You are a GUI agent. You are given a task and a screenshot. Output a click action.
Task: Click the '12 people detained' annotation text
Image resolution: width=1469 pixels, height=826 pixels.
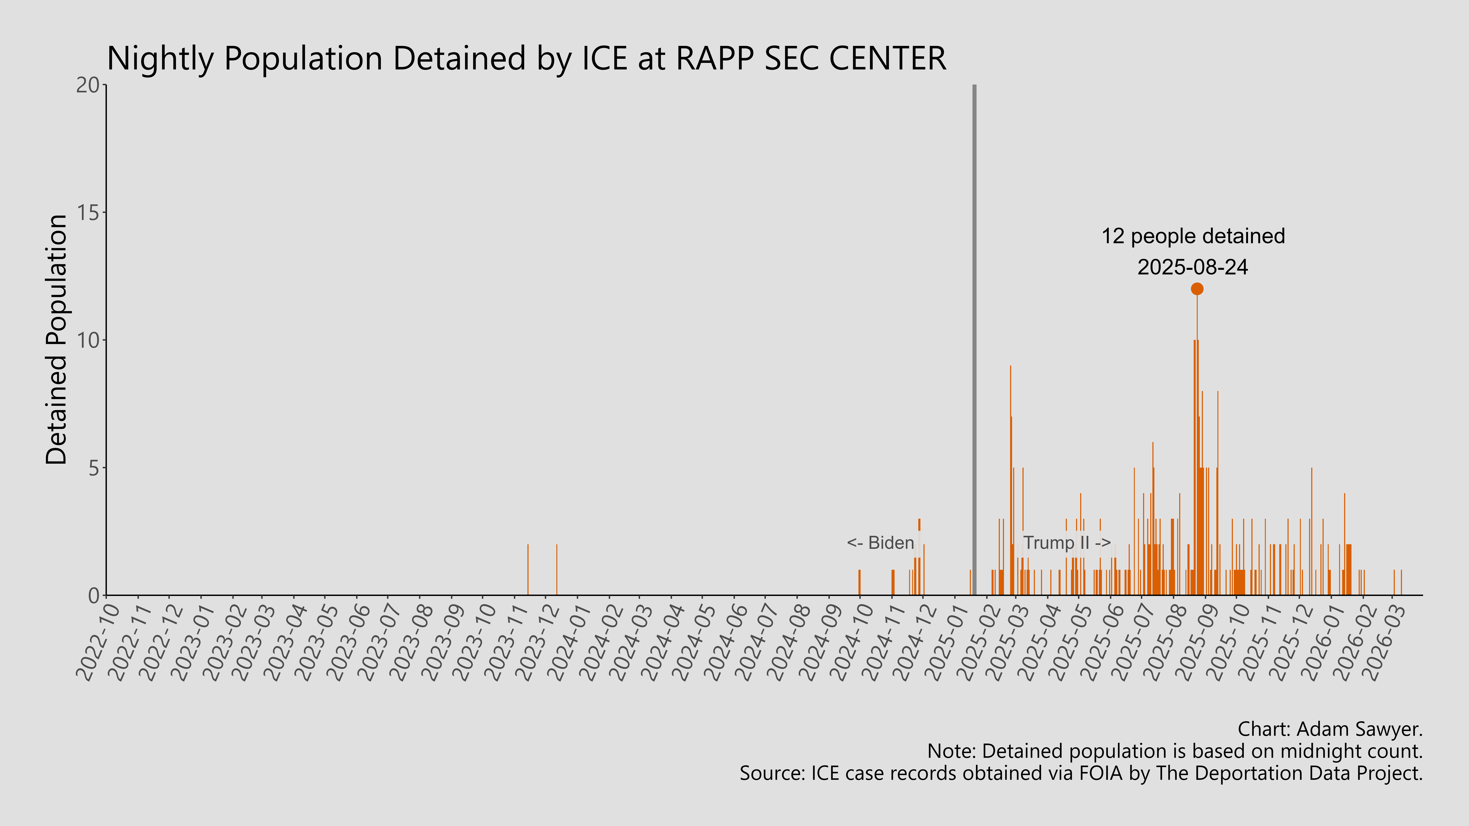click(x=1193, y=236)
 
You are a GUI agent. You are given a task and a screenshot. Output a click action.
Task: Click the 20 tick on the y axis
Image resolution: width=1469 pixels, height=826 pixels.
click(x=87, y=85)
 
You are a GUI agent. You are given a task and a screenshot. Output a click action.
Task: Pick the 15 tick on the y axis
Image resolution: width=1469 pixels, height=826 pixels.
click(x=87, y=213)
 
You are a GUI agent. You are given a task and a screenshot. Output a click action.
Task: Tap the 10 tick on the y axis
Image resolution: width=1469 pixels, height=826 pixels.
click(x=87, y=340)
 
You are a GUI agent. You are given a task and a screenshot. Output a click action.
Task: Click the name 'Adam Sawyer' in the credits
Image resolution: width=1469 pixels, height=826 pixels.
click(x=1357, y=729)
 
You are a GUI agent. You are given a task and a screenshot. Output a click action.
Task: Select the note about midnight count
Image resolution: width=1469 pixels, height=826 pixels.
click(x=1175, y=751)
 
